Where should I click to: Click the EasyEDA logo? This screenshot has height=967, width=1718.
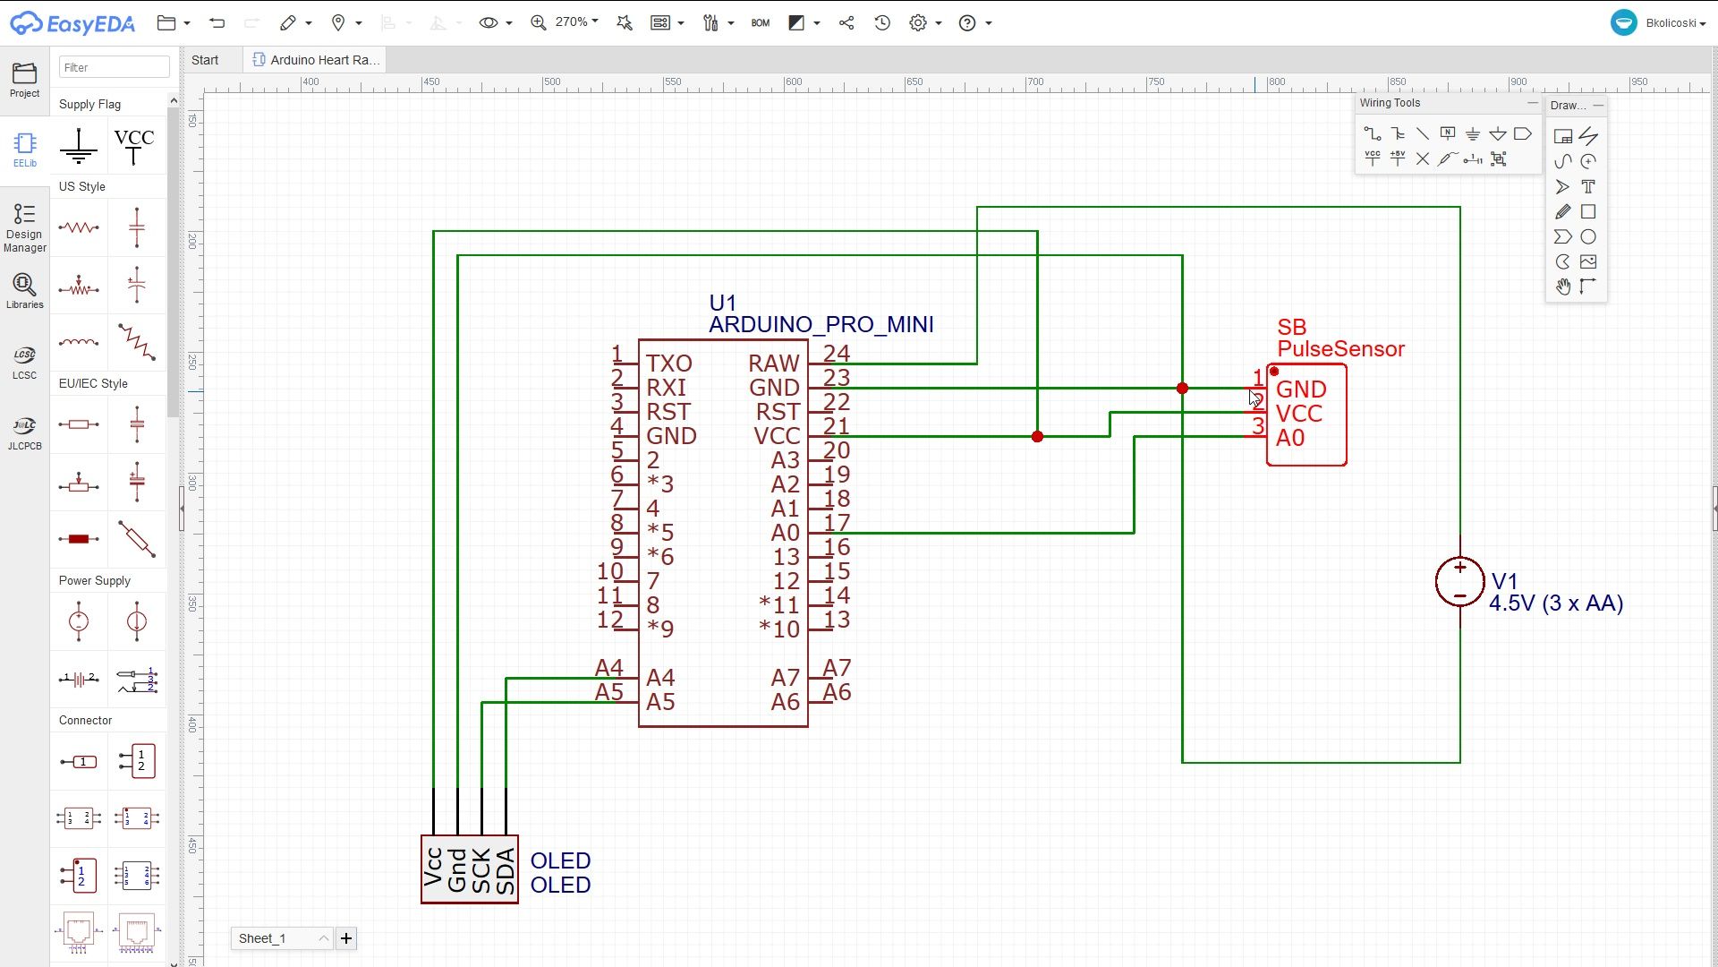72,23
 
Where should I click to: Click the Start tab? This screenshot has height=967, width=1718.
205,60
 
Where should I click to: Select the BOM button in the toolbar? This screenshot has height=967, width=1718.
761,23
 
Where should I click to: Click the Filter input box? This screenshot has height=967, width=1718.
115,67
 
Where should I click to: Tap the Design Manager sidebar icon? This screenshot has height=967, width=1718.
24,228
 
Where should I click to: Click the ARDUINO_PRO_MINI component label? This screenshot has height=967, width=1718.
821,324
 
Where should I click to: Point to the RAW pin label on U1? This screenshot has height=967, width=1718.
774,364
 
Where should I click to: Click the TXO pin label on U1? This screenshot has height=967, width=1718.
669,364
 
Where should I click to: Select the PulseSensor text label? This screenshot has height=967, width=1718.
1340,349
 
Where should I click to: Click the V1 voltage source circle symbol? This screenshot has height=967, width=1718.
1459,582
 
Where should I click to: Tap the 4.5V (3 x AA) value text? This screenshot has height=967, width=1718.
1556,603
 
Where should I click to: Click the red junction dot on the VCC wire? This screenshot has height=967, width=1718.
1037,437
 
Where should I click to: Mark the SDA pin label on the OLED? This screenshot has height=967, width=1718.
506,871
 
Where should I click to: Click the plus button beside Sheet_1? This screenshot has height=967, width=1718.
346,938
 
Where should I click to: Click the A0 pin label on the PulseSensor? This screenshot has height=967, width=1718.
1290,438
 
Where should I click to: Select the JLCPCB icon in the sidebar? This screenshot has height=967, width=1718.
24,432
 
